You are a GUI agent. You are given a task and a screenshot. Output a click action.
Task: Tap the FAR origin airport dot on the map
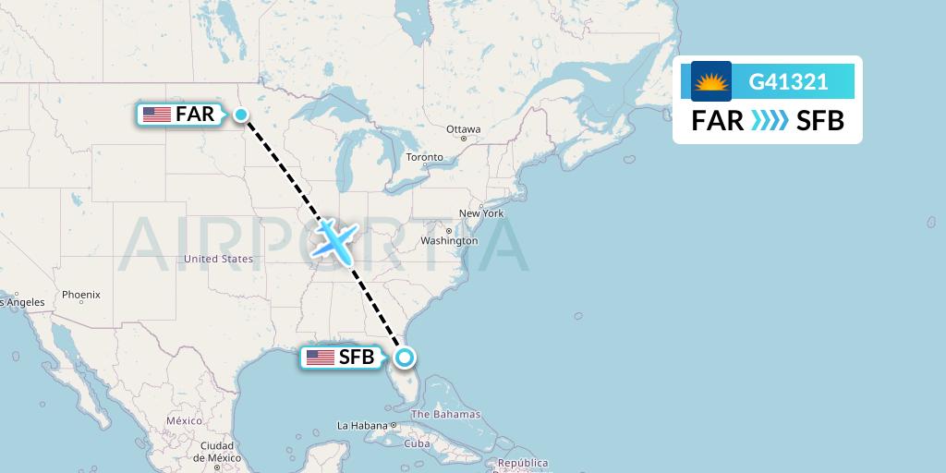[241, 115]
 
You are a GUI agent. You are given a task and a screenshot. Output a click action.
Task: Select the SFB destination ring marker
[404, 358]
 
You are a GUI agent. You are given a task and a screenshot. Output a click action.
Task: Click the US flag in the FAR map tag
[157, 115]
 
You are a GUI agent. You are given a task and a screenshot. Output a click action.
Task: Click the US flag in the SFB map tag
[321, 358]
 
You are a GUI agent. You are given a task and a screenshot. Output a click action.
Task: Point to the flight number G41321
[788, 81]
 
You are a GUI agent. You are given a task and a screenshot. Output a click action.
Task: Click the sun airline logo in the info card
[711, 81]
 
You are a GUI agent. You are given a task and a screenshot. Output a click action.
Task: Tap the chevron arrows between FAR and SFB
[770, 120]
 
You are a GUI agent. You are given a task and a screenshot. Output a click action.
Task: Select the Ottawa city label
[463, 129]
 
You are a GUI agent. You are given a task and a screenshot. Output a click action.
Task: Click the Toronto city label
[425, 158]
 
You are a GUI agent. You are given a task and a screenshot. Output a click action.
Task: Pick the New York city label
[481, 213]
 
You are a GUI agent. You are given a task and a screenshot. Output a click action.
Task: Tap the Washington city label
[449, 241]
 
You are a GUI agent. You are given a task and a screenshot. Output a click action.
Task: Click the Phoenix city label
[80, 295]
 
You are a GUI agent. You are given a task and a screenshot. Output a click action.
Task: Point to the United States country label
[218, 260]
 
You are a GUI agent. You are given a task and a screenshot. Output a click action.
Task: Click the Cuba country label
[418, 443]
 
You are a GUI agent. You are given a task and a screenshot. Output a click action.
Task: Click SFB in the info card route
[819, 120]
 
